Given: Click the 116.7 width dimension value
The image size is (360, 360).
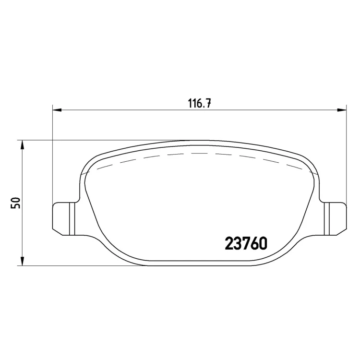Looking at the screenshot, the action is click(x=200, y=103).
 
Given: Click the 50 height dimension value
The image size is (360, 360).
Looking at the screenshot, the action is click(x=16, y=203).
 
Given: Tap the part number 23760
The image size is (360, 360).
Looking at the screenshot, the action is click(x=246, y=243).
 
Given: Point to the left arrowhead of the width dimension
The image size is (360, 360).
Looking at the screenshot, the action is click(x=57, y=110).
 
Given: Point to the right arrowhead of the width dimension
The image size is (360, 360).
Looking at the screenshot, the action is click(x=342, y=110).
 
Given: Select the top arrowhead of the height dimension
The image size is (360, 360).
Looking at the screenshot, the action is click(x=22, y=144).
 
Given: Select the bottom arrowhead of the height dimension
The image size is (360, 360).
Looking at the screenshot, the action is click(x=22, y=261).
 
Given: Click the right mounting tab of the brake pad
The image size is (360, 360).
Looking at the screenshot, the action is click(x=335, y=219).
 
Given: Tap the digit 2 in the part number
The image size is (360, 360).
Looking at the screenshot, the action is click(x=229, y=243).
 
